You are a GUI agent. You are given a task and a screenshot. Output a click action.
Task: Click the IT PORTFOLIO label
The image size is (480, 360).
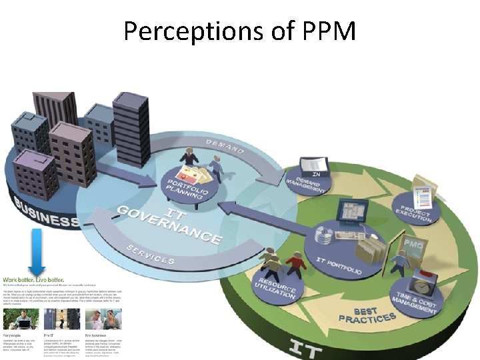340,266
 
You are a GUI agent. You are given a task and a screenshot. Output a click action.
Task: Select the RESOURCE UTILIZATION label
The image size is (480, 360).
275,290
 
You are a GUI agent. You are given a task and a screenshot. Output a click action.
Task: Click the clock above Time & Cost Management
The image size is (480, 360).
423,285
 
